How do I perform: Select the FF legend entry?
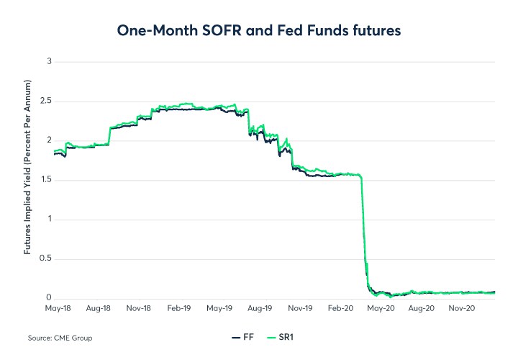[x=243, y=337]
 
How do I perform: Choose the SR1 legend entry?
[x=280, y=337]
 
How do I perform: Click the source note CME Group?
[x=73, y=338]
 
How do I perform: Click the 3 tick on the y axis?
[x=50, y=61]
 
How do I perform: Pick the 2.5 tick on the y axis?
[x=46, y=101]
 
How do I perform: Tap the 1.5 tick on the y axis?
[x=47, y=179]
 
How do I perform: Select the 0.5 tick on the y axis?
[x=45, y=258]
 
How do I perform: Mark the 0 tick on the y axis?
[x=49, y=297]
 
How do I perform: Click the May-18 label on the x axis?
[x=58, y=308]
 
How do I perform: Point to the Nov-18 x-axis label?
[x=138, y=308]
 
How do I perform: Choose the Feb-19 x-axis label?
[x=179, y=308]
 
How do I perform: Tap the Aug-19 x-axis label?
[x=260, y=308]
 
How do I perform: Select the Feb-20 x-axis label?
[x=340, y=308]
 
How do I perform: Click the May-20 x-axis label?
[x=381, y=308]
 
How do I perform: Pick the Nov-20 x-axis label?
[x=461, y=308]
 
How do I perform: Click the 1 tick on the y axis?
[x=50, y=219]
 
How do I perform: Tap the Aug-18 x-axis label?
[x=98, y=308]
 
